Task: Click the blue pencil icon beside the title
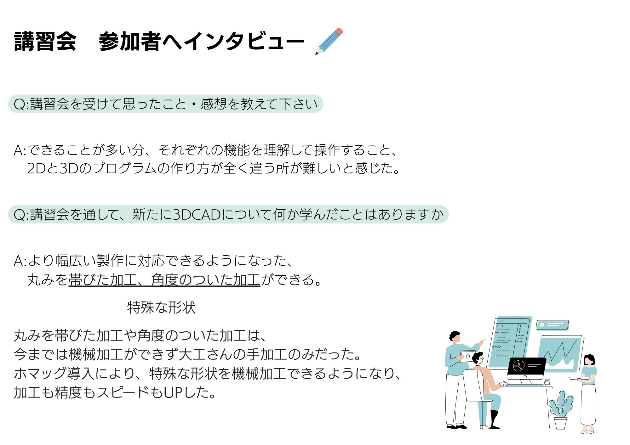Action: coord(329,41)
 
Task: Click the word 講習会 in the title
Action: coord(45,41)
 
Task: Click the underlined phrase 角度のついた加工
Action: coord(205,279)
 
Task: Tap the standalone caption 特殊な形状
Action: coord(161,307)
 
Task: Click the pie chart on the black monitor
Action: coord(518,366)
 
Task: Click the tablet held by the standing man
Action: coord(467,357)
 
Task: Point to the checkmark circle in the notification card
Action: coord(542,325)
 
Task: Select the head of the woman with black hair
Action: coord(589,360)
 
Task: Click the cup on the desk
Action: coord(547,382)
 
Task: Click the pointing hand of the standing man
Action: coord(482,342)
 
